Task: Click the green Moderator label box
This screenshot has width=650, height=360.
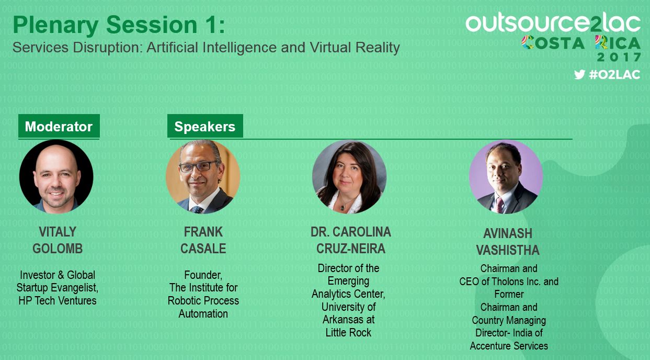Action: (x=59, y=126)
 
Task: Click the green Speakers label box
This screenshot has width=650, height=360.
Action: (x=205, y=126)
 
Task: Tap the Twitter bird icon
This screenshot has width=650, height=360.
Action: (x=579, y=75)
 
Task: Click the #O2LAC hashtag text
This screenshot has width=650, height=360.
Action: (x=614, y=75)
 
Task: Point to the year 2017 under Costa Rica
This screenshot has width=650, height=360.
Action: (x=619, y=57)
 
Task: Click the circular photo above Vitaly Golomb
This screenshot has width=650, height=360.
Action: (x=56, y=177)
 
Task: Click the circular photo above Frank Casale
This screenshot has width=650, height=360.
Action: (x=203, y=177)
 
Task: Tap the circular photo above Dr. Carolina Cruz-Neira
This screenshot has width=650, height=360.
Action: (x=349, y=177)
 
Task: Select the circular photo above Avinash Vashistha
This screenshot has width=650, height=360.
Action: (x=506, y=177)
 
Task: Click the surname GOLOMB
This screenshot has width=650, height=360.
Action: (x=58, y=249)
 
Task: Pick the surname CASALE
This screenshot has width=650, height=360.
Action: (x=203, y=249)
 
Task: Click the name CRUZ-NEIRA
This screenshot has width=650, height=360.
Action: (x=351, y=249)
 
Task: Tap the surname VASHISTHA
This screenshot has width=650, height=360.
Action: (x=508, y=250)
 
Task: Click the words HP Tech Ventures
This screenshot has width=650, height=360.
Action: (x=58, y=301)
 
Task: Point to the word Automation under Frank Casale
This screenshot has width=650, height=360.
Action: (x=203, y=314)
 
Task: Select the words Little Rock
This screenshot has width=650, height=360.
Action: (x=348, y=333)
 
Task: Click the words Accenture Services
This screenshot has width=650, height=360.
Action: (x=509, y=346)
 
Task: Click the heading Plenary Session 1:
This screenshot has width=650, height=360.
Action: (x=119, y=25)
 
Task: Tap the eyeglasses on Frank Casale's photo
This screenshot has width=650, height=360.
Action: (x=199, y=166)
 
